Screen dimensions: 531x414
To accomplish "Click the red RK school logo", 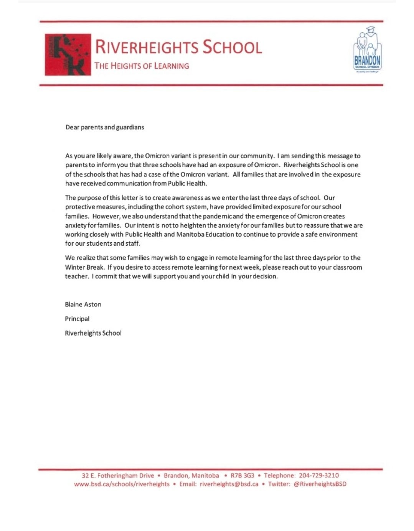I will point(68,54).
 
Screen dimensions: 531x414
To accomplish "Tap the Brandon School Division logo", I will point(367,49).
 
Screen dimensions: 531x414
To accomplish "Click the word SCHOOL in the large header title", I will point(232,47).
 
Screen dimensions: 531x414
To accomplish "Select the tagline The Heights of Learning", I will point(142,66).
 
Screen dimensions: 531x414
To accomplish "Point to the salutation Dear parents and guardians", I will point(105,127).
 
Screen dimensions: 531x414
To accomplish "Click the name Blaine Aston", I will point(83,304).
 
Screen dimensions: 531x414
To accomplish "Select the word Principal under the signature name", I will point(77,319).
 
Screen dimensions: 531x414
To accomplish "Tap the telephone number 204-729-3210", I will point(319,475).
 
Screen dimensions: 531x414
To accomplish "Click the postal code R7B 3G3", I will point(242,475).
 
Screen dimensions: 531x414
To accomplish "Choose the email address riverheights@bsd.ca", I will point(229,484).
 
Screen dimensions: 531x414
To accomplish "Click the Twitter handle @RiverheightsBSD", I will point(320,484).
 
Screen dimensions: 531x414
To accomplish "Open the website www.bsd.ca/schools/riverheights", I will point(122,484).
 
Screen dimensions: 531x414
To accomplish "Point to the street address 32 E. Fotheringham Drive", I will point(118,475).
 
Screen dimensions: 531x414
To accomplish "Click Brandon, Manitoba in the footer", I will point(191,475).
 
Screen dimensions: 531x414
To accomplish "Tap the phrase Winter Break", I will point(84,267).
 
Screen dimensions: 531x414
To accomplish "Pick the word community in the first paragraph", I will point(257,156).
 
